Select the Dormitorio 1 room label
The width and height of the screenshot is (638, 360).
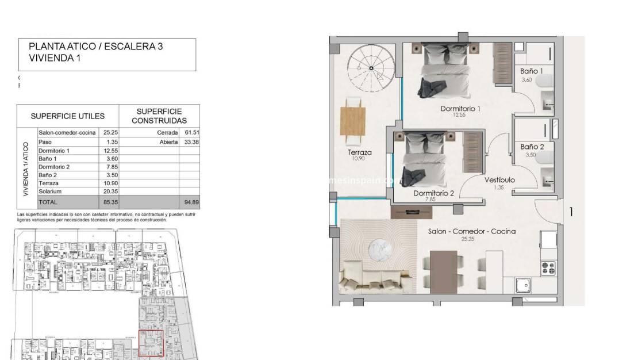click(460, 108)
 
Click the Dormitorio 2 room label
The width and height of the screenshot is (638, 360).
click(434, 193)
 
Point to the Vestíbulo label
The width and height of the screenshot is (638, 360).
click(499, 179)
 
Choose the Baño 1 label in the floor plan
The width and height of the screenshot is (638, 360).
click(532, 71)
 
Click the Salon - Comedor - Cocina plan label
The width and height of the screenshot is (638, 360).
click(471, 231)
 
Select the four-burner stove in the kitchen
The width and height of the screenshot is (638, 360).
click(548, 267)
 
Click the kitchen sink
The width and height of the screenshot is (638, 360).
click(524, 285)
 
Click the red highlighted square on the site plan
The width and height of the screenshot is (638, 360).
click(152, 343)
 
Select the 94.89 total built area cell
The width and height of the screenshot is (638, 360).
click(189, 202)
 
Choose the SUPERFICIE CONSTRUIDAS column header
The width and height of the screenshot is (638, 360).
click(159, 116)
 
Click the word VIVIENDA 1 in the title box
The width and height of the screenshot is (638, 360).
click(55, 58)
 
